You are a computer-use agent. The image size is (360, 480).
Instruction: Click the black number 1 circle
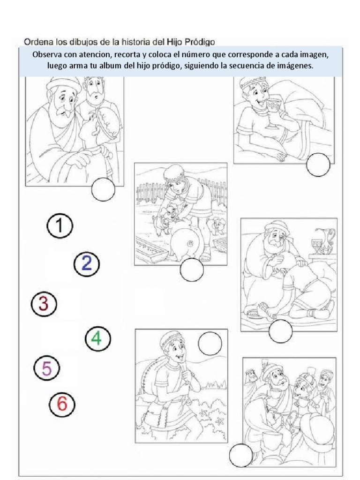pyautogui.click(x=60, y=226)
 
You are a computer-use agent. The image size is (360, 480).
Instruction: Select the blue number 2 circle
pyautogui.click(x=87, y=264)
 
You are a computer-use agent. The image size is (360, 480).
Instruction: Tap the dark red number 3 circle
pyautogui.click(x=44, y=304)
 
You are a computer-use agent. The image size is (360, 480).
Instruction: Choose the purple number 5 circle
pyautogui.click(x=47, y=368)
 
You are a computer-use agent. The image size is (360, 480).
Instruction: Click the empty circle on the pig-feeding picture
pyautogui.click(x=192, y=270)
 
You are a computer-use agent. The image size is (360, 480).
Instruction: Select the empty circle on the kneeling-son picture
pyautogui.click(x=280, y=332)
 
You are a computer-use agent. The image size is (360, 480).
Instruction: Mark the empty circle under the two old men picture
pyautogui.click(x=103, y=189)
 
